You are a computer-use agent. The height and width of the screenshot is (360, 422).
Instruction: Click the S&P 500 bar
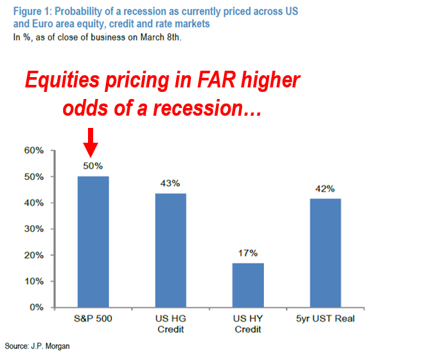(93, 242)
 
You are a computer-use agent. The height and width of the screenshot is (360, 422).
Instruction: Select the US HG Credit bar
(171, 250)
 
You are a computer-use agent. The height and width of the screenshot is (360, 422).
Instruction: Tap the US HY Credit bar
(248, 285)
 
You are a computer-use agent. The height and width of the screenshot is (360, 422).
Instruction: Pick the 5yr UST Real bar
(326, 253)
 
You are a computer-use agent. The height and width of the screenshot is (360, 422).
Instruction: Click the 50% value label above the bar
(93, 166)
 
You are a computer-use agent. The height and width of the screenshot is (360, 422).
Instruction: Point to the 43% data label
(170, 183)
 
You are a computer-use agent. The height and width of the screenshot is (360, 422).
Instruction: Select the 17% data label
(248, 253)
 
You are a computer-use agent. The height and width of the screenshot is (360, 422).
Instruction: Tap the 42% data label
(325, 189)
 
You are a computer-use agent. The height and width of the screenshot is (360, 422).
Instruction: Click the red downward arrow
(91, 142)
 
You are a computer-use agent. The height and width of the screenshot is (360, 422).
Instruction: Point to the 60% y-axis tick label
(34, 150)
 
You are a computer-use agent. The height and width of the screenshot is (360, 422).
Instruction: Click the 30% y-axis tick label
(34, 229)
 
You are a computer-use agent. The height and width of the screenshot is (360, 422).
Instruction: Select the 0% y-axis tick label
(37, 307)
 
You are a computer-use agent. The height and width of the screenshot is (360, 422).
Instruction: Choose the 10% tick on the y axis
(34, 282)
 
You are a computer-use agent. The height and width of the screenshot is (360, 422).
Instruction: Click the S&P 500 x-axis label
(93, 319)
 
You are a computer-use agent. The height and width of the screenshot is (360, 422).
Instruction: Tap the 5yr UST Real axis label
(326, 319)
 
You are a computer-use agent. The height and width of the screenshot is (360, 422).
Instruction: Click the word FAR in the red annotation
(216, 80)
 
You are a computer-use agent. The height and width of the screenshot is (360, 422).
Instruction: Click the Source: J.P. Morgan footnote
(37, 346)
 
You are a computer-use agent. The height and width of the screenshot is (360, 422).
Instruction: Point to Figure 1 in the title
(32, 12)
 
